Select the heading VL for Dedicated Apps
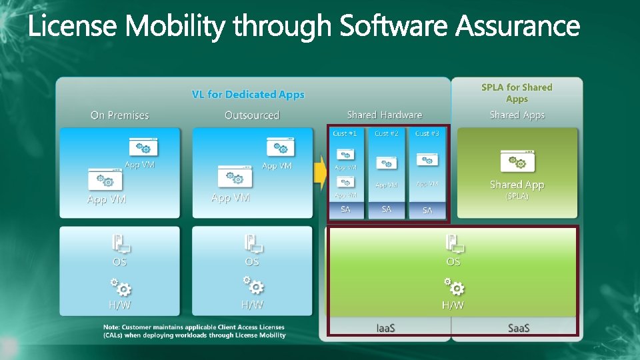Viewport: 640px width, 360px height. (248, 95)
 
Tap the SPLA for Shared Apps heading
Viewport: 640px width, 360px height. (517, 93)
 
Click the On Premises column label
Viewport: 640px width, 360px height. (119, 115)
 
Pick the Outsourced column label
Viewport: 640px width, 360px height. (252, 115)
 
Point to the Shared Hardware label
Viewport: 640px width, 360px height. (385, 115)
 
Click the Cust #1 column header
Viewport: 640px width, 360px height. (345, 133)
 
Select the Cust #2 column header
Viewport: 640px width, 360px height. (387, 133)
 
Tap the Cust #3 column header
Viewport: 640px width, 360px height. (427, 133)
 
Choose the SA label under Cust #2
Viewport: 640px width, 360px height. (387, 209)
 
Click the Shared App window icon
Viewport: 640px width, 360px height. (517, 161)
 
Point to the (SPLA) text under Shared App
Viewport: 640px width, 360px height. (517, 197)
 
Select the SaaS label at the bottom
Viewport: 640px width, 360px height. (518, 327)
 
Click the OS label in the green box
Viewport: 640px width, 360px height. (453, 262)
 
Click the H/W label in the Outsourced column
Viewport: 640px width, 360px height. (252, 305)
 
